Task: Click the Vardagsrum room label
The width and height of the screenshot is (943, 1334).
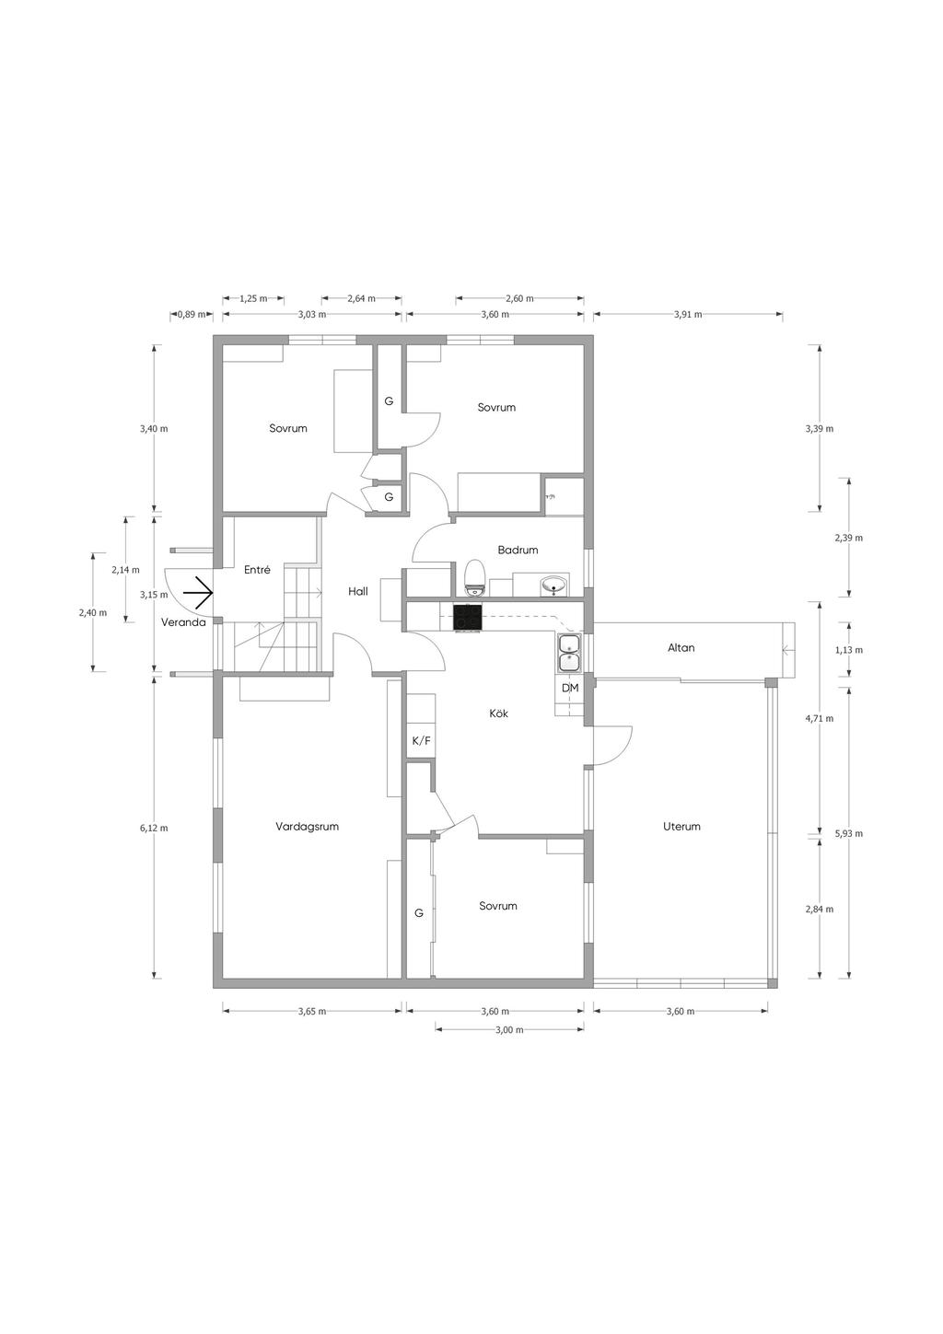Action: click(307, 826)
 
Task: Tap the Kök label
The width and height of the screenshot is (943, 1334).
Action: click(498, 713)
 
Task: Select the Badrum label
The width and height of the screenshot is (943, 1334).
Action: click(518, 550)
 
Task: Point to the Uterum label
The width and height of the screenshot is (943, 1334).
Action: click(681, 826)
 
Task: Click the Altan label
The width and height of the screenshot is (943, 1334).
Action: click(681, 647)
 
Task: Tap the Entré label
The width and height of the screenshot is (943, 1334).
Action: click(257, 569)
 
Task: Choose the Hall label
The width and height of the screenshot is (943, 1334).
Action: click(358, 591)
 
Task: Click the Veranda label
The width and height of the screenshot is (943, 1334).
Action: click(183, 622)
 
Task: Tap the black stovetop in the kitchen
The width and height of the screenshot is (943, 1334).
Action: click(467, 617)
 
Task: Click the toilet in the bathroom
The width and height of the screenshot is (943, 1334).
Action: click(475, 577)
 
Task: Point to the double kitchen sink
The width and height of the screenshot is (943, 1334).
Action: click(569, 653)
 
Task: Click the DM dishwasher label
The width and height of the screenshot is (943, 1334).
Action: click(570, 688)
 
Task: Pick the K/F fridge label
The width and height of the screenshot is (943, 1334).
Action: click(421, 741)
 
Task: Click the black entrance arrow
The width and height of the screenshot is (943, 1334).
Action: click(198, 593)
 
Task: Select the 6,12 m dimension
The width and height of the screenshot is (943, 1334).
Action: click(154, 828)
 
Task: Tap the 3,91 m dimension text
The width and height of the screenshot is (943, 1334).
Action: click(688, 315)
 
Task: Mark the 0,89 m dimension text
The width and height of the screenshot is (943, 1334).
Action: click(192, 315)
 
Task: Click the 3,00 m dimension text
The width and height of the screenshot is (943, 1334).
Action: click(509, 1029)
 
